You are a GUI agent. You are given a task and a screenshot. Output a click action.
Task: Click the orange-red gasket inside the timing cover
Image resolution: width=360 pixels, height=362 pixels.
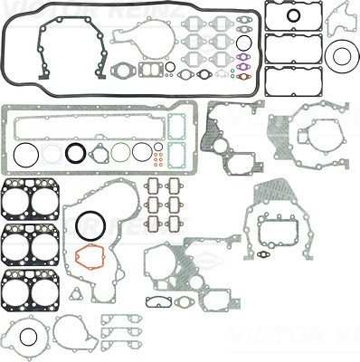coord(90,257)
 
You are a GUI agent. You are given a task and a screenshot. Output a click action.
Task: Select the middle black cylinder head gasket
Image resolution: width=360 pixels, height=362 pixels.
coord(28,243)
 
